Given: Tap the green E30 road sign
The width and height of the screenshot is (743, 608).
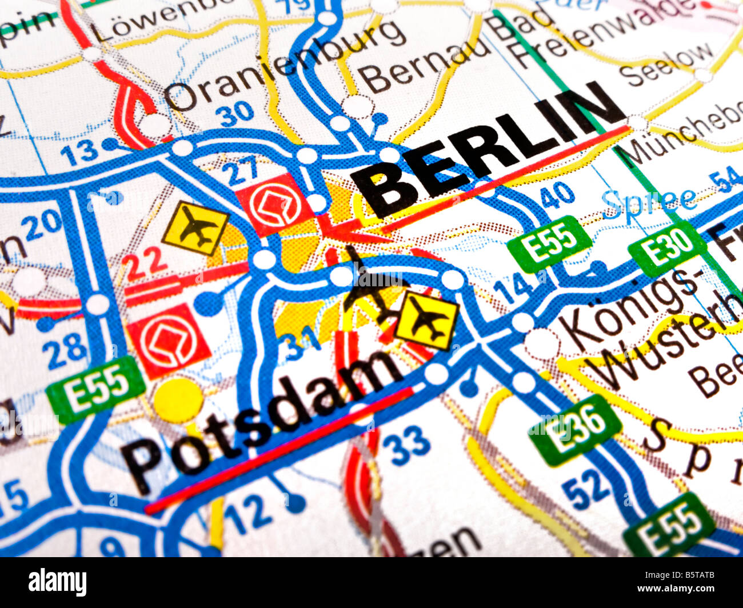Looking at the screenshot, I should (666, 248).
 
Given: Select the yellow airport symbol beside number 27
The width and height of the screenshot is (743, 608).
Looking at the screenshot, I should (195, 227).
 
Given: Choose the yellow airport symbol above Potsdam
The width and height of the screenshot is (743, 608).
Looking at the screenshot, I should (427, 321).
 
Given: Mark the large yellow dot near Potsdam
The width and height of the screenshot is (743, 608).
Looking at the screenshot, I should (178, 400).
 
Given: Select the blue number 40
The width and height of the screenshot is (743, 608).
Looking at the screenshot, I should (557, 195).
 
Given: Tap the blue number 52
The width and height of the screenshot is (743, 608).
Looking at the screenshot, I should (586, 487).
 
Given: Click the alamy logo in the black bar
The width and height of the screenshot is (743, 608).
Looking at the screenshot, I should (58, 582).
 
